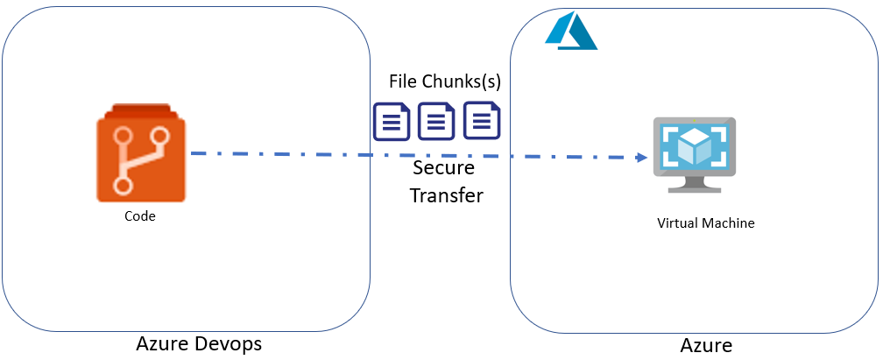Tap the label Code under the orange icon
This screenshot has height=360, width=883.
(x=140, y=216)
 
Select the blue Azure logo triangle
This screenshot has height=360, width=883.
(x=570, y=32)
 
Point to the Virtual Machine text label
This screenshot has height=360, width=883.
(x=705, y=223)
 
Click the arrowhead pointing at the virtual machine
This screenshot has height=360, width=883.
(x=642, y=158)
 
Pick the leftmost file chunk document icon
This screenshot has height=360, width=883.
(x=392, y=122)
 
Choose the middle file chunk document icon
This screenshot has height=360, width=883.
(x=436, y=122)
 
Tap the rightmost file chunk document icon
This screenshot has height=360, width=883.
(x=481, y=121)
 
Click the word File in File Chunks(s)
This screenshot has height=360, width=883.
(x=404, y=81)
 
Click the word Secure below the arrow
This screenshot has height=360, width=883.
(x=443, y=167)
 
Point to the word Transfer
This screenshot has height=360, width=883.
(x=446, y=195)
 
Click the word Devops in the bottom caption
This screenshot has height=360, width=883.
(x=230, y=344)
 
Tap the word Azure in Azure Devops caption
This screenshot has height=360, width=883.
(x=165, y=344)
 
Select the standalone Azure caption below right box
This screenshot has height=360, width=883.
(x=705, y=345)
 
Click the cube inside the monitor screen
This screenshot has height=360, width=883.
(x=694, y=145)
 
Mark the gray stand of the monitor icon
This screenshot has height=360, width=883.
(x=695, y=184)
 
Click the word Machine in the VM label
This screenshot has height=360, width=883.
(x=730, y=223)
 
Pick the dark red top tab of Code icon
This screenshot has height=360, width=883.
(x=141, y=110)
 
